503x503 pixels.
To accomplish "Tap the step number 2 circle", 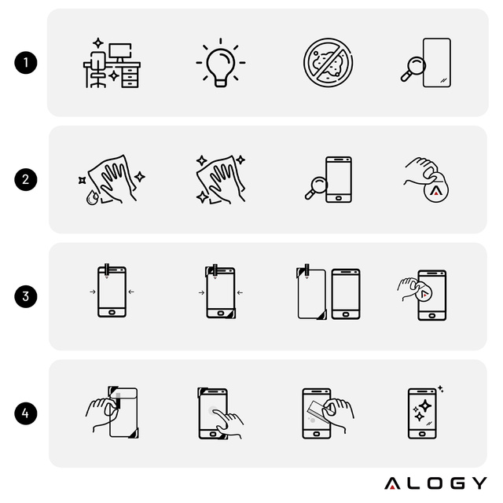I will (26, 179).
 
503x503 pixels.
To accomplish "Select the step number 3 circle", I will (26, 297).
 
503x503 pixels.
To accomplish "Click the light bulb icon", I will (220, 62).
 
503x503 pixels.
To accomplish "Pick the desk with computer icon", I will (111, 62).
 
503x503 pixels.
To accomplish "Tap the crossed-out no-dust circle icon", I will (328, 62).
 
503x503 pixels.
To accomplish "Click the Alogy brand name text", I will (435, 483).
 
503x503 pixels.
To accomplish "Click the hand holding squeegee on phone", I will (328, 412).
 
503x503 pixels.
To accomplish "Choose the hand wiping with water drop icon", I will (110, 181).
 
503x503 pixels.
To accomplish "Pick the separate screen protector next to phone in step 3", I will (311, 294).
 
